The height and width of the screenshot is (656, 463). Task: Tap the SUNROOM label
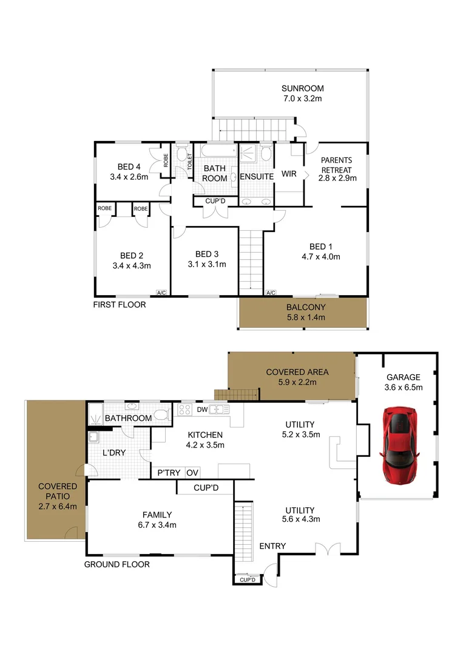[303, 88]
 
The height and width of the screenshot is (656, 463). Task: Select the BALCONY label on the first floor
[306, 307]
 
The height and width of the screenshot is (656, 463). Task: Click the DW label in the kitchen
[202, 409]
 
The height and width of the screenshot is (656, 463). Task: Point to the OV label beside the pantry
[192, 473]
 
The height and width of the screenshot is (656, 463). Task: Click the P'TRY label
[169, 473]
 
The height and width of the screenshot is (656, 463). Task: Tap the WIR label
[289, 174]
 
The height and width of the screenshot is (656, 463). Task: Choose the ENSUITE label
[257, 177]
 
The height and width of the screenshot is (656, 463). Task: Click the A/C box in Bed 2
[161, 293]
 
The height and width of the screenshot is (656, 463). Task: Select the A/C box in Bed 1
[271, 293]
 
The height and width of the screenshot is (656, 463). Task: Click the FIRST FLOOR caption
[120, 304]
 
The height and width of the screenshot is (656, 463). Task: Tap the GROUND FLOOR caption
[117, 564]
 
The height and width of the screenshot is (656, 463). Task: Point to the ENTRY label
[272, 546]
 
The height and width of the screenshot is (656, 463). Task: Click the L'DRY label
[114, 453]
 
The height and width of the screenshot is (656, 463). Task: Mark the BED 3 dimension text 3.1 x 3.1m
[207, 264]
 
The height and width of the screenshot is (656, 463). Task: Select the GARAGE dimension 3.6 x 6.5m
[404, 388]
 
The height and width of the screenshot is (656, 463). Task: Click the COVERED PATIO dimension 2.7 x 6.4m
[58, 507]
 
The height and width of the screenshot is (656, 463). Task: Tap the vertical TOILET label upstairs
[189, 161]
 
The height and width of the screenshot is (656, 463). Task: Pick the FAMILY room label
[157, 515]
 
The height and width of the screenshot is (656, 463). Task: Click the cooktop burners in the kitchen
[184, 409]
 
